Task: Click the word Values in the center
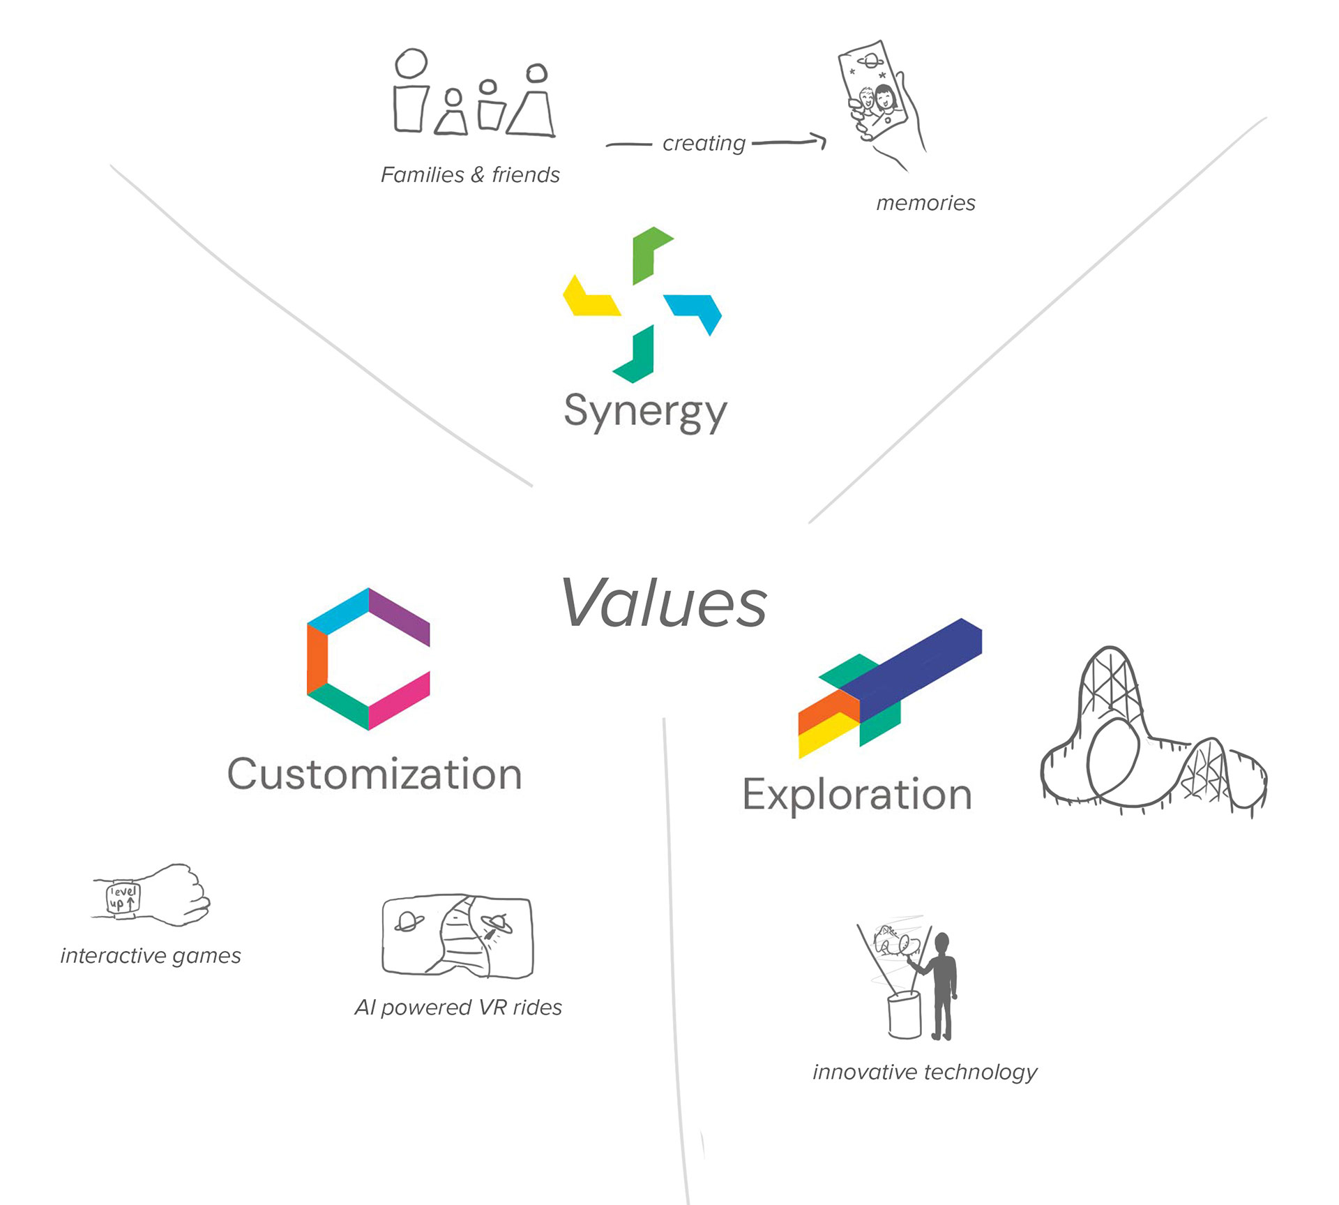[x=664, y=603]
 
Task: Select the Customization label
[x=375, y=774]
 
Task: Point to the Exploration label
[x=857, y=795]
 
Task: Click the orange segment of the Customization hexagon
[x=317, y=659]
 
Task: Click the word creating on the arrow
[x=704, y=143]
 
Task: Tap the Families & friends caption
[x=470, y=174]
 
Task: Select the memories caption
[x=925, y=203]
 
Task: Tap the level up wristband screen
[x=123, y=898]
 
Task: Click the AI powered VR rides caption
[x=458, y=1008]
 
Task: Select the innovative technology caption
[x=925, y=1072]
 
